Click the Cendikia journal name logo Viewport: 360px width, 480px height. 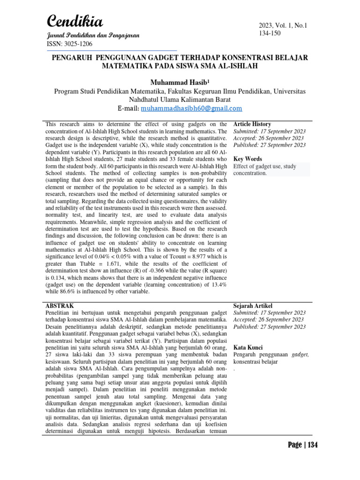coord(75,21)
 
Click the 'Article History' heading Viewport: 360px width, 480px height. coord(252,124)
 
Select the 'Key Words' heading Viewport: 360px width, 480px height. coord(247,159)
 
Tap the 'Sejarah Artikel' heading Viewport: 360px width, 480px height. coord(253,306)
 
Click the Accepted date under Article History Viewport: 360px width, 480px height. coord(270,138)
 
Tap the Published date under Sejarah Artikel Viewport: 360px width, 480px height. coord(270,326)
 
